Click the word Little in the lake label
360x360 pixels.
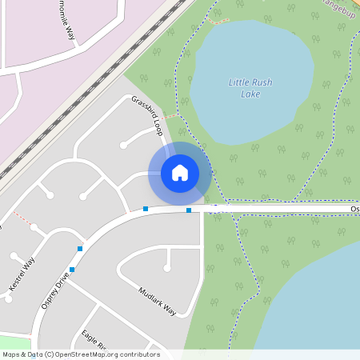click(x=238, y=82)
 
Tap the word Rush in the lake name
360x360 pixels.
click(x=262, y=82)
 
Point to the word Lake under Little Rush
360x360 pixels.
click(x=250, y=94)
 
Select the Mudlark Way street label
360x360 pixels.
click(x=156, y=301)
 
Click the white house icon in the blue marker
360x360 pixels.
click(x=179, y=173)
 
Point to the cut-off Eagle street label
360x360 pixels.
click(x=93, y=340)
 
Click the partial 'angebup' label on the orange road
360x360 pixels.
click(x=337, y=4)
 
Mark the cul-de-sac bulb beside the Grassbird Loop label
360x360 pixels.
click(x=123, y=146)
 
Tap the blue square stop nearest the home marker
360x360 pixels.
click(x=188, y=210)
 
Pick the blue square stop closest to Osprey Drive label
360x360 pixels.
click(x=72, y=270)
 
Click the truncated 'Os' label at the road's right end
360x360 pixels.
click(x=354, y=208)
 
